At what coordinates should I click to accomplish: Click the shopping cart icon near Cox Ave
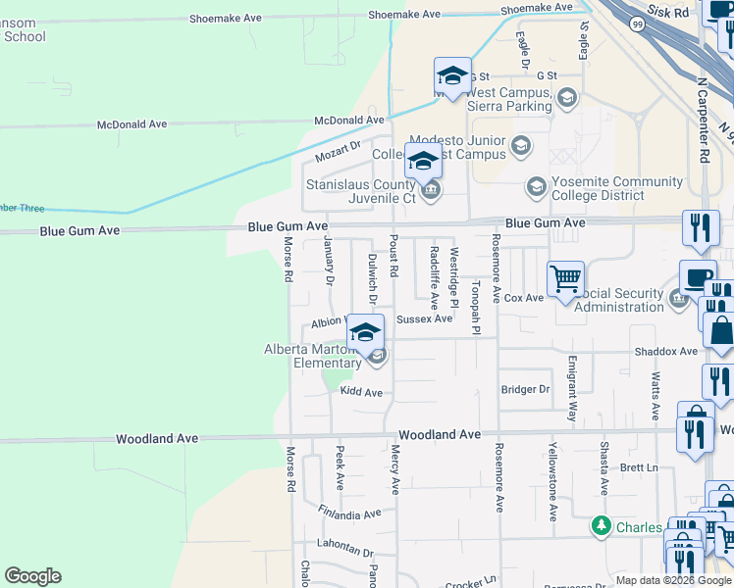[565, 279]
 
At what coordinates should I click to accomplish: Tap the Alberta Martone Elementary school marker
[365, 332]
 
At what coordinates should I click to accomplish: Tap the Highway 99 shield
[638, 26]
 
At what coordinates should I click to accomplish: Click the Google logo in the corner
[32, 576]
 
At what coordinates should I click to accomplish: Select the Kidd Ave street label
[360, 392]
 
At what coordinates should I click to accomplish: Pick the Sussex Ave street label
[424, 318]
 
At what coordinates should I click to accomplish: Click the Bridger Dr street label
[525, 389]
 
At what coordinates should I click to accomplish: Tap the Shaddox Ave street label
[665, 351]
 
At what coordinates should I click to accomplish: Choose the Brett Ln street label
[639, 467]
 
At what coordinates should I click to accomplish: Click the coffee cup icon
[698, 278]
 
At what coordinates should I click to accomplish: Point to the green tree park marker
[602, 527]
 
